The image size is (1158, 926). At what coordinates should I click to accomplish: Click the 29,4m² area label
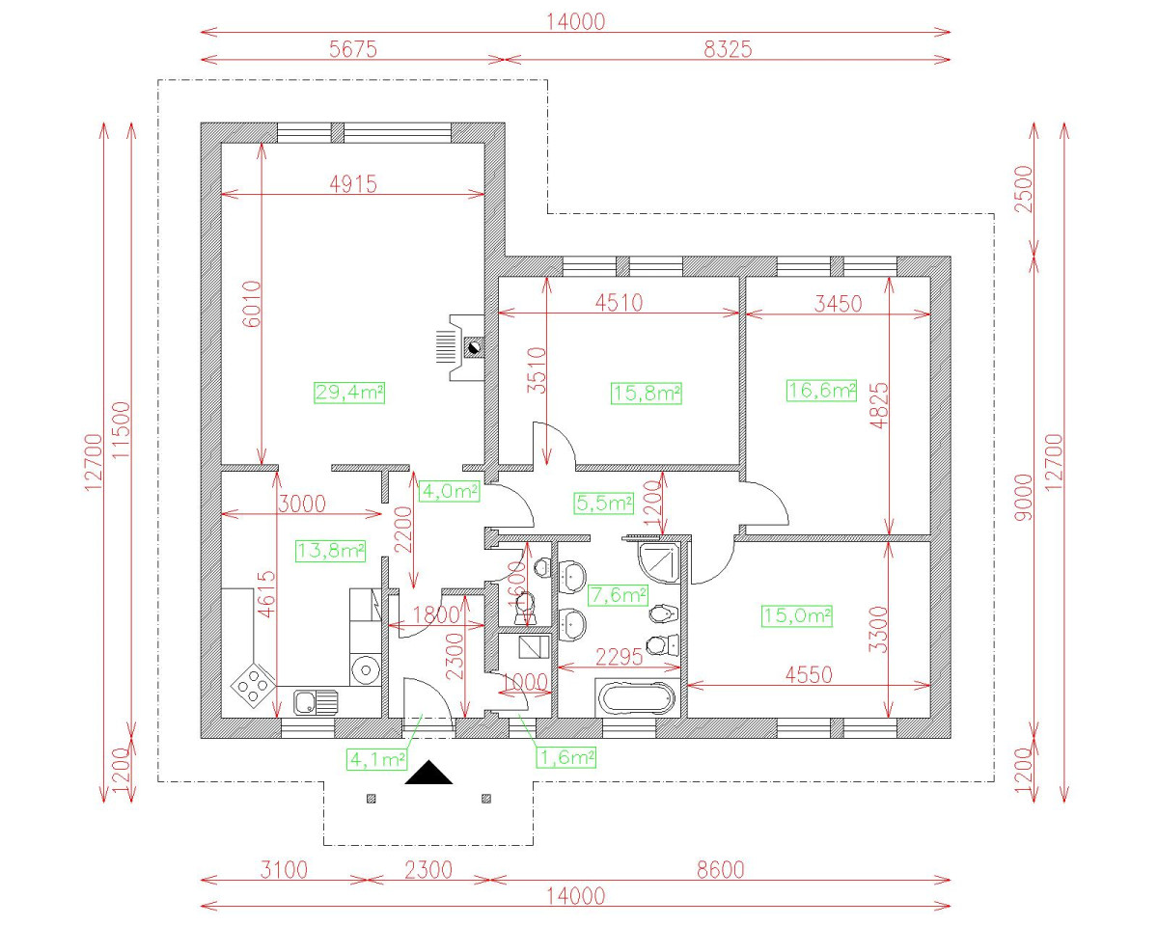point(349,393)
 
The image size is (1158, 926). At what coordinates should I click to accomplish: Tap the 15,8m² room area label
point(647,394)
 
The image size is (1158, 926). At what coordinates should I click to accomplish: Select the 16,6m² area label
point(821,390)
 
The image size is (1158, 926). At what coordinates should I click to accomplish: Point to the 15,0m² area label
point(797,615)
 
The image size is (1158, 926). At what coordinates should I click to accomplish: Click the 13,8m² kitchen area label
point(330,551)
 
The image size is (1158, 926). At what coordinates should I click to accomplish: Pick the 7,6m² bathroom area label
point(618,595)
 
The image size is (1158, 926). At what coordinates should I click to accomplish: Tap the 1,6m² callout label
point(566,757)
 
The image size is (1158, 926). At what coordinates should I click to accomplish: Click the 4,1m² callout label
point(376,760)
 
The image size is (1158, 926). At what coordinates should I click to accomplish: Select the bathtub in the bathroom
point(638,698)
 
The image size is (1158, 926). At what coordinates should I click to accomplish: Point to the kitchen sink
point(316,702)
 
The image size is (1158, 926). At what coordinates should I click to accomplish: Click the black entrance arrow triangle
point(428,772)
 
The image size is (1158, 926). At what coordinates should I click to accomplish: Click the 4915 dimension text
point(353,184)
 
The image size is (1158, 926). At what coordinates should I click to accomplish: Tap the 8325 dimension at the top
point(728,49)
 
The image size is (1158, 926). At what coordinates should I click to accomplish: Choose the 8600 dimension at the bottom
point(721,869)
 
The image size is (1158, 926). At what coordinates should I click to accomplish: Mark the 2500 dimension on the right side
point(1024,189)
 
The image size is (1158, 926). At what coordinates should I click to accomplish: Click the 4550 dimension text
point(809,675)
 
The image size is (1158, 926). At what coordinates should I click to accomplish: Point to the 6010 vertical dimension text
point(251,304)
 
